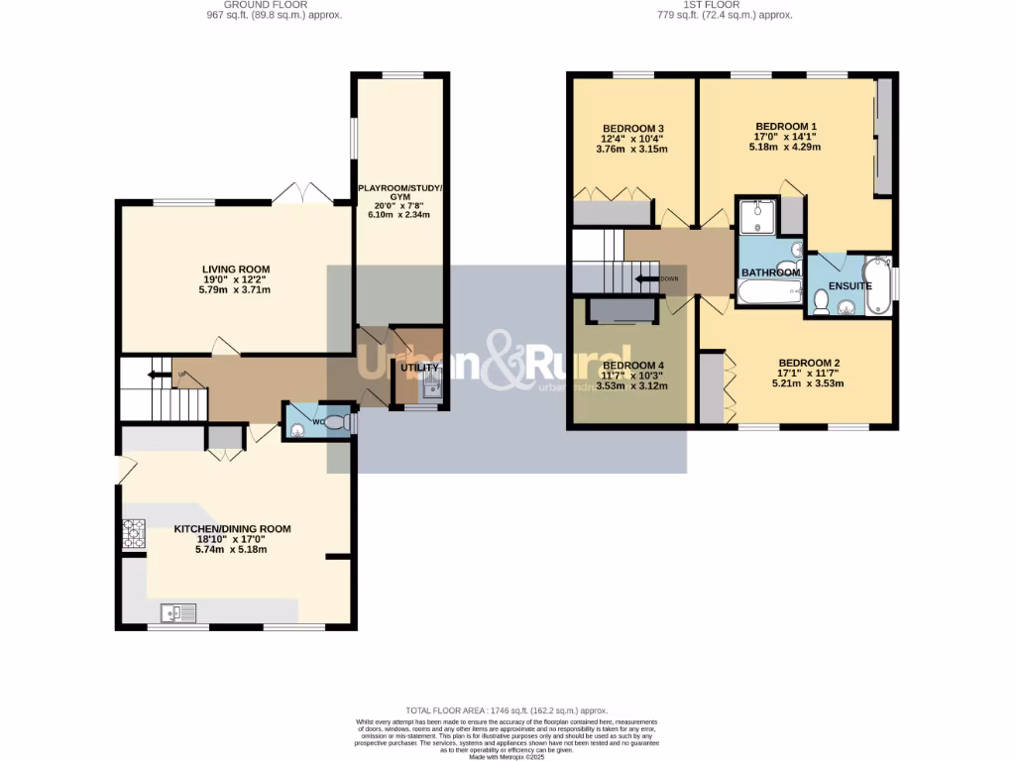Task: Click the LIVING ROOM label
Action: click(236, 270)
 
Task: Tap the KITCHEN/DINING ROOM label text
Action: click(232, 529)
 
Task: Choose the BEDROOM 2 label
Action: click(809, 363)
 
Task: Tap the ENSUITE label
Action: click(849, 286)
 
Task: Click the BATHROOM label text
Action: click(770, 272)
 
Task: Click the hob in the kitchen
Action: click(133, 535)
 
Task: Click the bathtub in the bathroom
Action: click(769, 290)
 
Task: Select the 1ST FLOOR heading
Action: click(711, 5)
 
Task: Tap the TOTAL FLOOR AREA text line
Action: click(507, 710)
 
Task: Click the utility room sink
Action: click(431, 389)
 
